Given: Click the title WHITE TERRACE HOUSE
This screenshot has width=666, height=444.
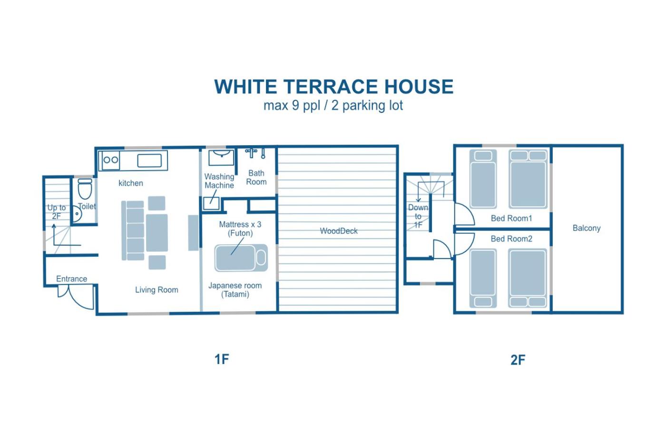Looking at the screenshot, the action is point(333,87).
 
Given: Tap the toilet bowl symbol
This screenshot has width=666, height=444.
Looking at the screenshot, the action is point(85,189).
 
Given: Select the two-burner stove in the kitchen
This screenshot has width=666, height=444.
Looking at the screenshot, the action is point(110,160).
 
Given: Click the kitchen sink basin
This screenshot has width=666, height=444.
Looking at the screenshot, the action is point(149,160).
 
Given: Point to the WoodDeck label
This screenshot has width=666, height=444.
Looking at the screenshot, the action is point(339,231).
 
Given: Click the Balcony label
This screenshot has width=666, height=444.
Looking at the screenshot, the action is point(587,228).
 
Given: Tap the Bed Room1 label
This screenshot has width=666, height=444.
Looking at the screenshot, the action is point(511,218).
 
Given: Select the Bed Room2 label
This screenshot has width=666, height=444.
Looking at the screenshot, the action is point(511,239).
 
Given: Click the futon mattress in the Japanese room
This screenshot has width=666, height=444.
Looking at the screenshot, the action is point(241,258).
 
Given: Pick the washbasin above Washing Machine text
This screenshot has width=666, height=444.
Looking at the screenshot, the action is point(221,158).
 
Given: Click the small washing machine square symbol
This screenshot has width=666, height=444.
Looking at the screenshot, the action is point(211,203).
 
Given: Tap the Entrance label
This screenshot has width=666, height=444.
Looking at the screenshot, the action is point(72,279).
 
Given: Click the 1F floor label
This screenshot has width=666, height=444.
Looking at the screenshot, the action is point(222,359).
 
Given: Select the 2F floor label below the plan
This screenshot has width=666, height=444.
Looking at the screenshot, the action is point(518,360).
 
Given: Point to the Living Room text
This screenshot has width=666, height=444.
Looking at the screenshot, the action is point(157,290).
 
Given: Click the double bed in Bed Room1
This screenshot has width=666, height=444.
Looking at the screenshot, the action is point(528,179).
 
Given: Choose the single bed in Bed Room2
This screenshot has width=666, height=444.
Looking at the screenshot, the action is point(483,278).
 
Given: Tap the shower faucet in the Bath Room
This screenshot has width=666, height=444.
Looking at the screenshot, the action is point(251,153).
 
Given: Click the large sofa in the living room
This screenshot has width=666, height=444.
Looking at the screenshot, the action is point(136,230).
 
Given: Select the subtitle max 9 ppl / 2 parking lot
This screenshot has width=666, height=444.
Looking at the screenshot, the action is point(333,106).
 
